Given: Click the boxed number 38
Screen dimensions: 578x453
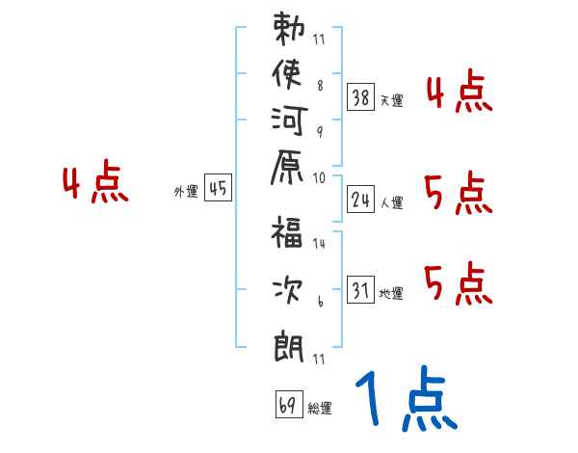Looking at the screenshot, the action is point(361,96).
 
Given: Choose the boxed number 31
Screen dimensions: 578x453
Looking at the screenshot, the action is point(361,289).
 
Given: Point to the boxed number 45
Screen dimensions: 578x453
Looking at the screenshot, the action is point(218,189).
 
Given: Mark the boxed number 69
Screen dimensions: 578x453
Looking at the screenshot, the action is point(287,405).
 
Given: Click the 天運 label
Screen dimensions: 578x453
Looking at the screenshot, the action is point(391,100).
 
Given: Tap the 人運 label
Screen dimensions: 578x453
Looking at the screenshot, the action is point(391,202).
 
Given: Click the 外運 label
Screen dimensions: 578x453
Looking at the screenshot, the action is point(186,192).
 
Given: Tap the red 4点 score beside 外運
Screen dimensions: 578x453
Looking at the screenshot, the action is point(94,184).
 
